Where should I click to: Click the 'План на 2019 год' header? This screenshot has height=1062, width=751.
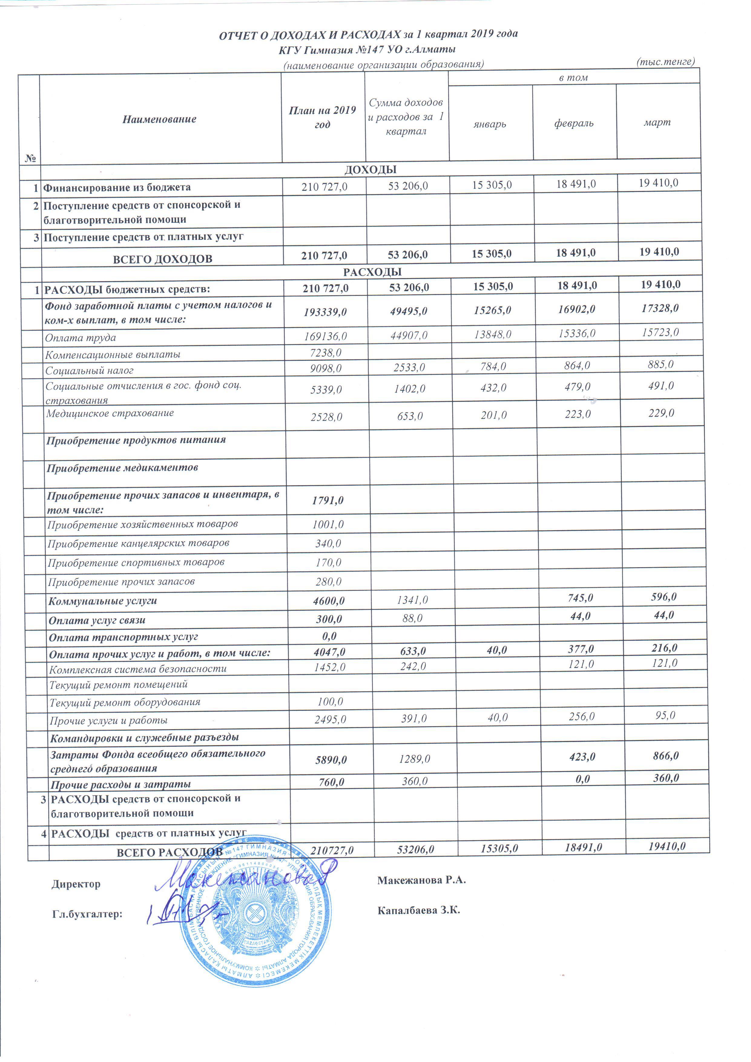(x=322, y=117)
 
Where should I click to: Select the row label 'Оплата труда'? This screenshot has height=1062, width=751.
(x=81, y=338)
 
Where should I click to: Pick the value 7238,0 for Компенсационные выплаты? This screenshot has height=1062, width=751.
(x=326, y=353)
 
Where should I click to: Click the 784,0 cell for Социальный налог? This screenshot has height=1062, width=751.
(x=493, y=367)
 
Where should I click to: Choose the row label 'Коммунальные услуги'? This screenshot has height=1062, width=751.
(x=103, y=601)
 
